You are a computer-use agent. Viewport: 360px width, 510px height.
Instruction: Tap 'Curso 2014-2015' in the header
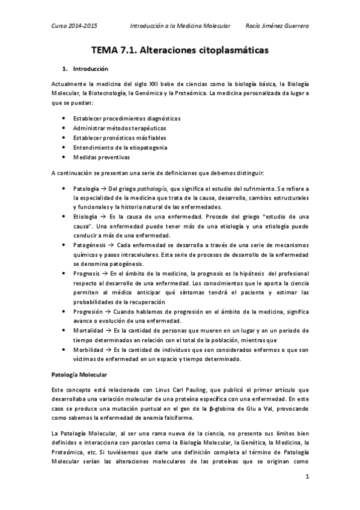[x=74, y=26]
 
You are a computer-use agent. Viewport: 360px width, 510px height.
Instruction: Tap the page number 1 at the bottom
[x=307, y=478]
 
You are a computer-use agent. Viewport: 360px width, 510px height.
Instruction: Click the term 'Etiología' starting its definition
[x=85, y=215]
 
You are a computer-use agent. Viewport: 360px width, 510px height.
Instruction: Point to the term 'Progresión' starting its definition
[x=87, y=313]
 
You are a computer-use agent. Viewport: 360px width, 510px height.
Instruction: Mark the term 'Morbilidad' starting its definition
[x=88, y=350]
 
